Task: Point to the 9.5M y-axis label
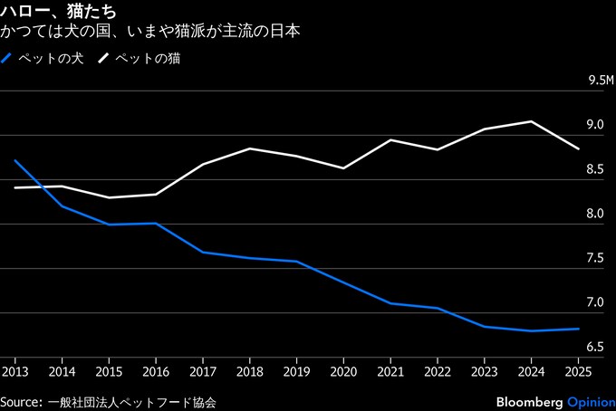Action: (x=601, y=81)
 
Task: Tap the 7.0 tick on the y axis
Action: (x=595, y=302)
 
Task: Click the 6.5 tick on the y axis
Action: (x=595, y=347)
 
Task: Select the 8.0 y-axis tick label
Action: (x=595, y=214)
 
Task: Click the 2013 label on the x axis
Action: (x=14, y=371)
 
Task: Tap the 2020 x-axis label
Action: (x=343, y=371)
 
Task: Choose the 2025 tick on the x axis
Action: (x=578, y=371)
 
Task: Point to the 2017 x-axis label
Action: (x=202, y=371)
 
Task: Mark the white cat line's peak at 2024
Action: (x=531, y=121)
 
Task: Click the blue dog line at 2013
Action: (x=15, y=160)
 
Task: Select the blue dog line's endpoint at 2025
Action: (x=579, y=329)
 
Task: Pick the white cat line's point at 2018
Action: (x=249, y=148)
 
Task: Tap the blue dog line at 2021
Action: (x=390, y=303)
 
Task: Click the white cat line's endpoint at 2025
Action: (x=579, y=148)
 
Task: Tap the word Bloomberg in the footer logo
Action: (x=529, y=400)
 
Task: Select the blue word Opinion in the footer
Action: (x=591, y=400)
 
